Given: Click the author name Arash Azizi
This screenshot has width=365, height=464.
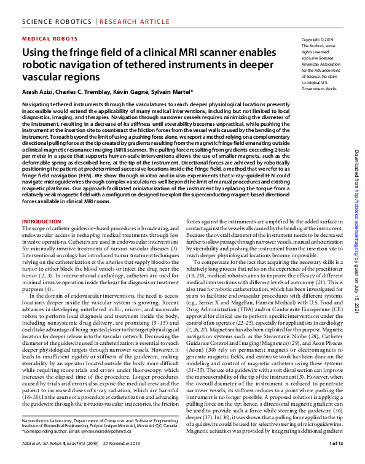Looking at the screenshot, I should [38, 92].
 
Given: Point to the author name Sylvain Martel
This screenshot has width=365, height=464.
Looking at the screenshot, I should [173, 92].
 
